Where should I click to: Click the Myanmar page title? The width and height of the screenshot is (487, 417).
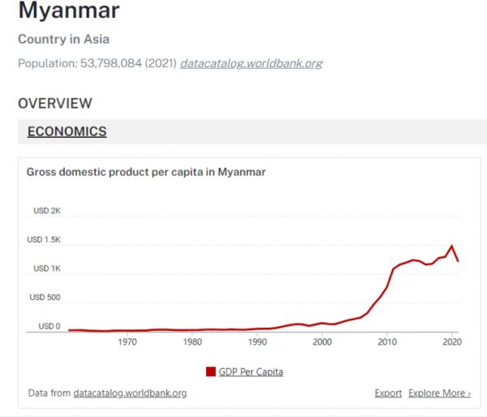(x=68, y=11)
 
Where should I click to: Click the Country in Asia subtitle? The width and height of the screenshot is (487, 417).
(x=63, y=39)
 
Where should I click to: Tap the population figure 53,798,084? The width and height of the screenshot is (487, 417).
(x=120, y=62)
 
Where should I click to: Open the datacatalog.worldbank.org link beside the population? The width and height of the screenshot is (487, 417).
(x=251, y=62)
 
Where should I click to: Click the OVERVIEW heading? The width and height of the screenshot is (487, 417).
(x=55, y=103)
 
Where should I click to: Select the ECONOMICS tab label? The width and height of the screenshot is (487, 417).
(x=67, y=131)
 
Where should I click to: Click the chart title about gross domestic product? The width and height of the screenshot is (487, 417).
(x=146, y=172)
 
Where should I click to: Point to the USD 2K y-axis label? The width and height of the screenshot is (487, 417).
(x=47, y=211)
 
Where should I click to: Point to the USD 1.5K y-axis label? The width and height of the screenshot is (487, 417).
(x=45, y=239)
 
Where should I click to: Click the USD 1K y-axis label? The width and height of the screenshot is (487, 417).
(x=47, y=269)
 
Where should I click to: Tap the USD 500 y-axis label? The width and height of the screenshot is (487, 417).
(x=45, y=297)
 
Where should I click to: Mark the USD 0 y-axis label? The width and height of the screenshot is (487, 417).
(x=49, y=326)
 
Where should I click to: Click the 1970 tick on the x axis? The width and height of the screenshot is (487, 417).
(x=127, y=342)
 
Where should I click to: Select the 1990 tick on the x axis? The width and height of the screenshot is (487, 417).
(x=257, y=342)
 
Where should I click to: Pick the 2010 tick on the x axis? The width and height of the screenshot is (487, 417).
(x=388, y=342)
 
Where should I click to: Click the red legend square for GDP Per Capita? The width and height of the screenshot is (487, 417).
(x=211, y=372)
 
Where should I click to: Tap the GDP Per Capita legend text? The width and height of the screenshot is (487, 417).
(x=251, y=372)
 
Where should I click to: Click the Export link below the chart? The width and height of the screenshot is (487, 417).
(x=388, y=393)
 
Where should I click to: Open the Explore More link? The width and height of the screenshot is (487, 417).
(x=439, y=393)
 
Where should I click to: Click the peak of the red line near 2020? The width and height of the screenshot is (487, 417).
(x=451, y=245)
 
